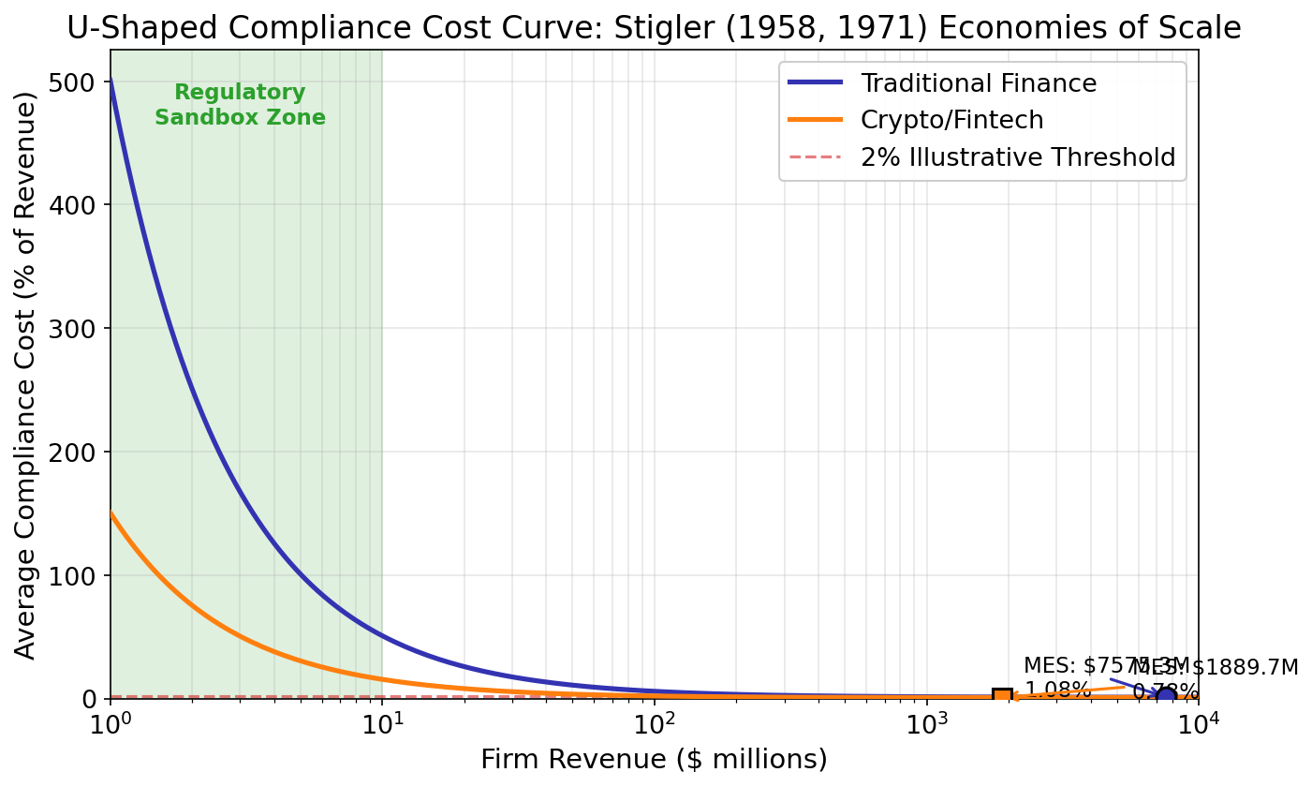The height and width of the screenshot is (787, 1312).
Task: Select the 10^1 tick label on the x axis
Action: [x=382, y=725]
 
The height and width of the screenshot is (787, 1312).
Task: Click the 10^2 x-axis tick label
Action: [x=654, y=725]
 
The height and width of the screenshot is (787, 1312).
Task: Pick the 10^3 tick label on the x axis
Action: [x=926, y=725]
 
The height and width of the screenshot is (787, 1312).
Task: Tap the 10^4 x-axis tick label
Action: [x=1198, y=725]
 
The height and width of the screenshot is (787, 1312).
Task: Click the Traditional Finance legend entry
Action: [x=979, y=83]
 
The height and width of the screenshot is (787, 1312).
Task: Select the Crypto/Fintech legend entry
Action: [x=951, y=120]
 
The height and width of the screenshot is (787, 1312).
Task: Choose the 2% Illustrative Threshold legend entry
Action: [x=1017, y=157]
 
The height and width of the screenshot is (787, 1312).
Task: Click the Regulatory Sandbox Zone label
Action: [x=240, y=105]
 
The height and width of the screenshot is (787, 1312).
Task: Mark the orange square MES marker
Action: [x=1002, y=696]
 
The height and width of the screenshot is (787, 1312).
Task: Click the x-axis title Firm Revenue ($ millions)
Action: [x=654, y=759]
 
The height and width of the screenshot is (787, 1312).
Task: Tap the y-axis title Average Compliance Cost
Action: [x=26, y=375]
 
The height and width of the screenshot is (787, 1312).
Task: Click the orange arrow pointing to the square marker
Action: [x=1068, y=691]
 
